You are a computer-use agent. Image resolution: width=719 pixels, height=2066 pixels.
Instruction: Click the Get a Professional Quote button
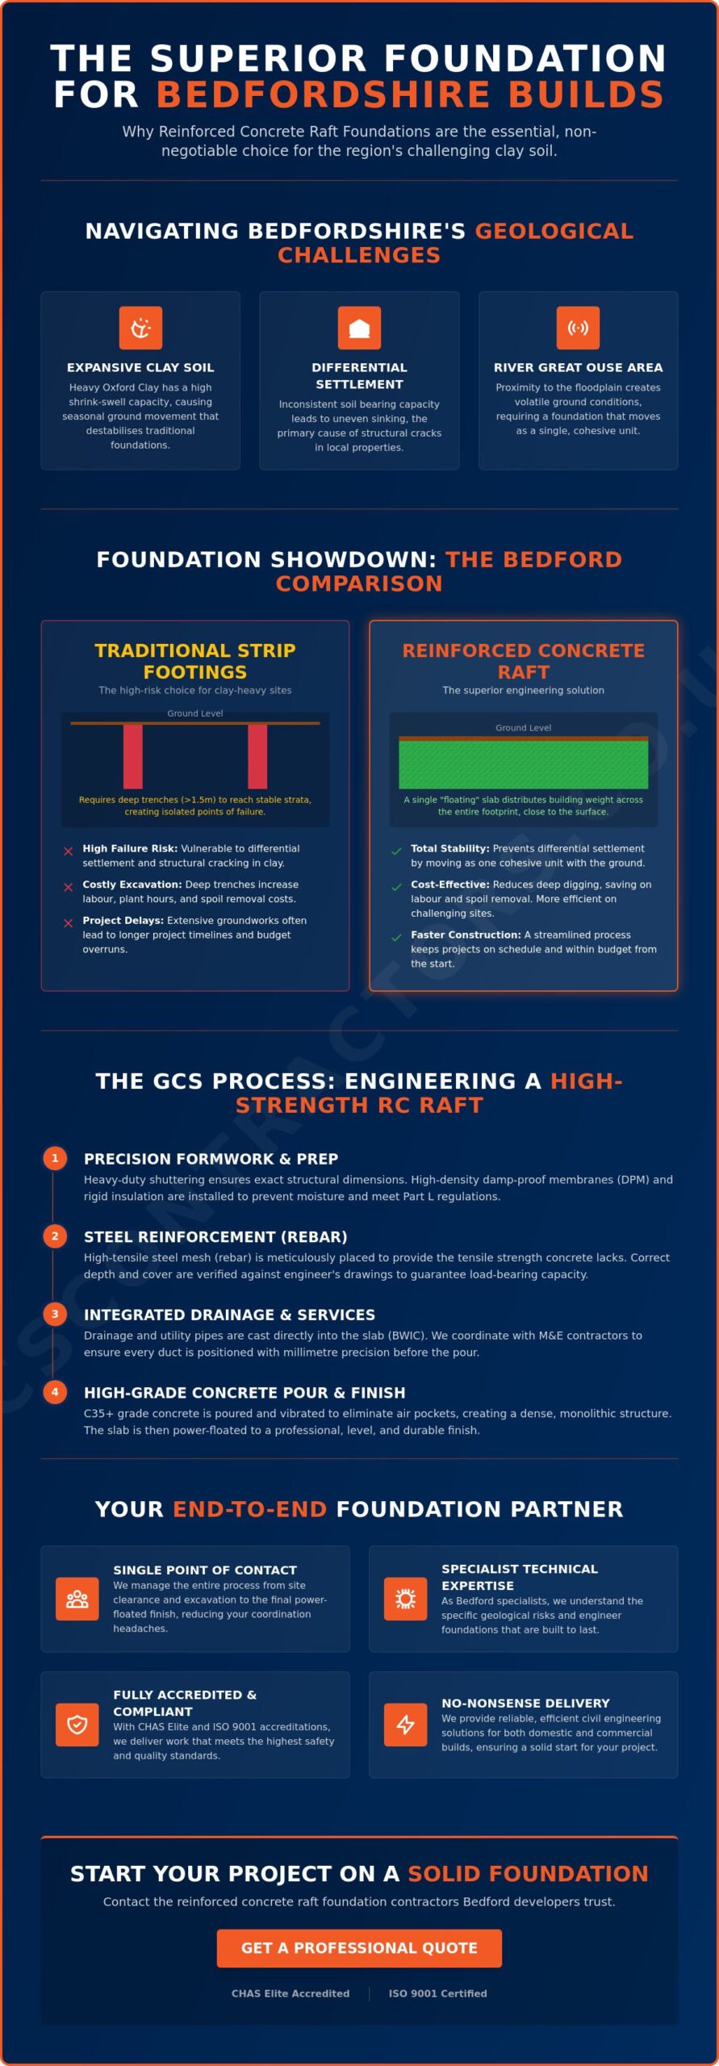[x=359, y=1948]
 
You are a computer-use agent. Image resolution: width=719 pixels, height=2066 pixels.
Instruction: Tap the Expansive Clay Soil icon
[x=140, y=328]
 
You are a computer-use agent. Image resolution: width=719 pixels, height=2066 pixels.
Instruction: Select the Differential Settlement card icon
[x=359, y=328]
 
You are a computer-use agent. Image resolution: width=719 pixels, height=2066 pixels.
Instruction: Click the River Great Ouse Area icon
[x=578, y=328]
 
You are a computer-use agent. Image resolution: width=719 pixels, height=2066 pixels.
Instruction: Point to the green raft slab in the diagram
[x=523, y=764]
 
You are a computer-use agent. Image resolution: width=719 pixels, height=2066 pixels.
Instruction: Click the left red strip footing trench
[x=132, y=756]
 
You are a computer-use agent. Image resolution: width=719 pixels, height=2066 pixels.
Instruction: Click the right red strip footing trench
[x=257, y=756]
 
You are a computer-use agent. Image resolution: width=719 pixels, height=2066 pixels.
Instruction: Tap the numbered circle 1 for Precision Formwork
[x=55, y=1158]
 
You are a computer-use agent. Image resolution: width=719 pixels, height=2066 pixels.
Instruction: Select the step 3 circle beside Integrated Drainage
[x=55, y=1314]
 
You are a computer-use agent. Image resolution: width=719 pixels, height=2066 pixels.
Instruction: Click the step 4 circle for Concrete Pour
[x=55, y=1392]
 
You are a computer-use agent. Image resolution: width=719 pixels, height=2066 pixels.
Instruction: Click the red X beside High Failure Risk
[x=69, y=851]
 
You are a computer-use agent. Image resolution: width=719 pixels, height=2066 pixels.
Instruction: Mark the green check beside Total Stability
[x=396, y=851]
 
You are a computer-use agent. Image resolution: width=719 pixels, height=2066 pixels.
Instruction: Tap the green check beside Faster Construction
[x=396, y=937]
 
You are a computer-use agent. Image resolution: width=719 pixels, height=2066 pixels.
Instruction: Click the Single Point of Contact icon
[x=77, y=1599]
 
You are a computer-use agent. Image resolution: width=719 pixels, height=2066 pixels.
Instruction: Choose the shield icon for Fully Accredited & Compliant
[x=77, y=1725]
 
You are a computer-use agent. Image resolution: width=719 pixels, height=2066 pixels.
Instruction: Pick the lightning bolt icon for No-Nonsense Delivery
[x=405, y=1725]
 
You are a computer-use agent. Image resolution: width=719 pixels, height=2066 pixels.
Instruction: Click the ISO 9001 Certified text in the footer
[x=437, y=1993]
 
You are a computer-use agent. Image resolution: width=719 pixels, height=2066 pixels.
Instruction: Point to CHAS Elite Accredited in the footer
[x=291, y=1993]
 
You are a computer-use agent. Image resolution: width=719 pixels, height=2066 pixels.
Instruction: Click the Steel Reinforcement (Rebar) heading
[x=215, y=1236]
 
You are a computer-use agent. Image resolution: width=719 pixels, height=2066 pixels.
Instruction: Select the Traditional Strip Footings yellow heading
[x=195, y=661]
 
